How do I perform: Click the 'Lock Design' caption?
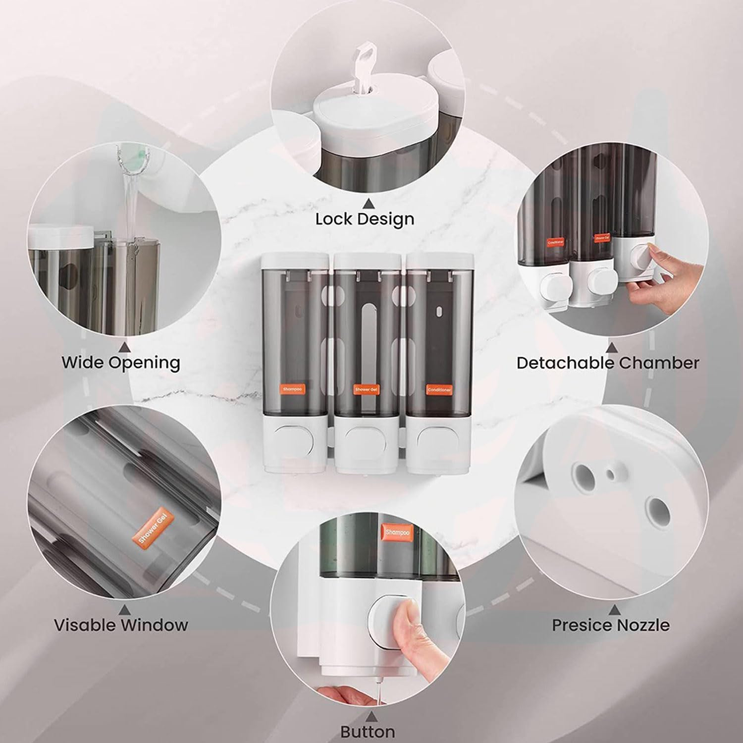tap(365, 219)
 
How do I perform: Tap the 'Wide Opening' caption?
tap(120, 362)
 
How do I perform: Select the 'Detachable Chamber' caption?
tap(607, 363)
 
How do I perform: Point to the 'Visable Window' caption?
tap(121, 625)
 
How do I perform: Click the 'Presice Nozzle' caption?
tap(610, 625)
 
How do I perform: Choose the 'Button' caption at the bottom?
tap(368, 731)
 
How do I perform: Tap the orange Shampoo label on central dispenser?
tap(293, 389)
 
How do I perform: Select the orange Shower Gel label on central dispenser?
tap(366, 390)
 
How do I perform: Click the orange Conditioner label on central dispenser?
tap(439, 389)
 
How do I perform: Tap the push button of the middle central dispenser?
tap(366, 437)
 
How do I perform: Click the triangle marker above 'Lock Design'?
tap(367, 203)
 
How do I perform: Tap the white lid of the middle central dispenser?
tap(367, 260)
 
